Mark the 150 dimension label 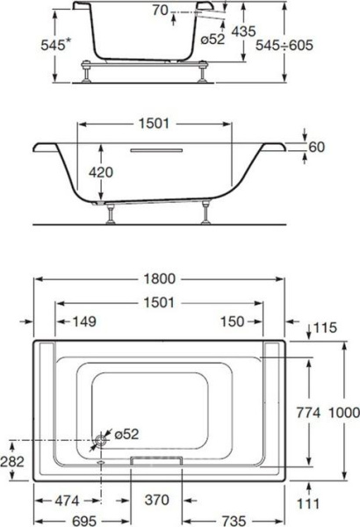coord(233,321)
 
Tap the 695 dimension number coord(82,516)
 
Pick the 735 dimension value coord(234,516)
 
